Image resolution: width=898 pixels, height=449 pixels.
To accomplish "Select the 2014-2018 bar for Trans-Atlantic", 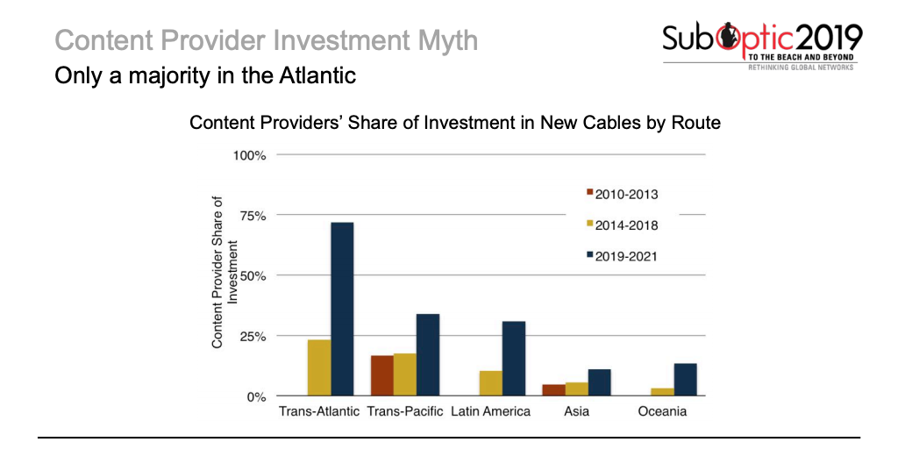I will (x=319, y=367).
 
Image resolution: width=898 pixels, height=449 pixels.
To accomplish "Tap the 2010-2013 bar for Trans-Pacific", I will (x=381, y=375).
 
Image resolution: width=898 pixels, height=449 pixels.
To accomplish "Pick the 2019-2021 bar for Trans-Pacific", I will (x=428, y=355).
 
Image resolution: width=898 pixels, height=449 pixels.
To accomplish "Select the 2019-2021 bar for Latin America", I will (x=513, y=359).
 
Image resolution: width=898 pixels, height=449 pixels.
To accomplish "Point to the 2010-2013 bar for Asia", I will (x=554, y=390).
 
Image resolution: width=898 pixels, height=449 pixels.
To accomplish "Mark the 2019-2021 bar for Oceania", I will (x=686, y=380).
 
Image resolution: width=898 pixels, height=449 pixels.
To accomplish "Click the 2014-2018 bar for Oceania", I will (x=663, y=392).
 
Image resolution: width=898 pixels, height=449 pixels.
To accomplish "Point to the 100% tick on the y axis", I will (x=249, y=155).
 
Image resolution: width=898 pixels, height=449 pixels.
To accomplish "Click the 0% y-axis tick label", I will (x=256, y=396).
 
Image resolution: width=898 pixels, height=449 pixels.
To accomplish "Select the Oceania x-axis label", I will (x=662, y=411).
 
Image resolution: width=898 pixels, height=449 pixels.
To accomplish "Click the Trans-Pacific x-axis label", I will (x=404, y=411).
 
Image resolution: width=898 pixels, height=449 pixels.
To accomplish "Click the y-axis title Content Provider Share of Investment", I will (x=224, y=272).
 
